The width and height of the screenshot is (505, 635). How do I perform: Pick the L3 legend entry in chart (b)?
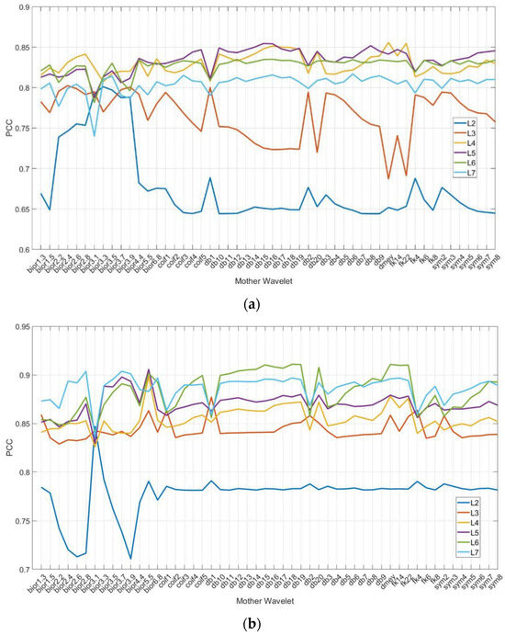click(475, 505)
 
